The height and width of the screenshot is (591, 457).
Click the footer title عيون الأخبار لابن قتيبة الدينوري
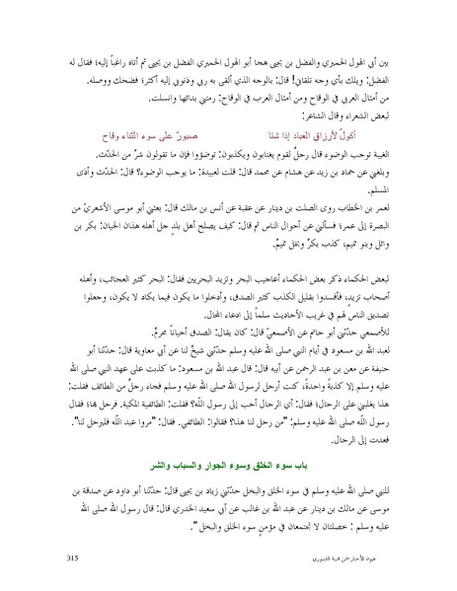click(356, 559)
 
